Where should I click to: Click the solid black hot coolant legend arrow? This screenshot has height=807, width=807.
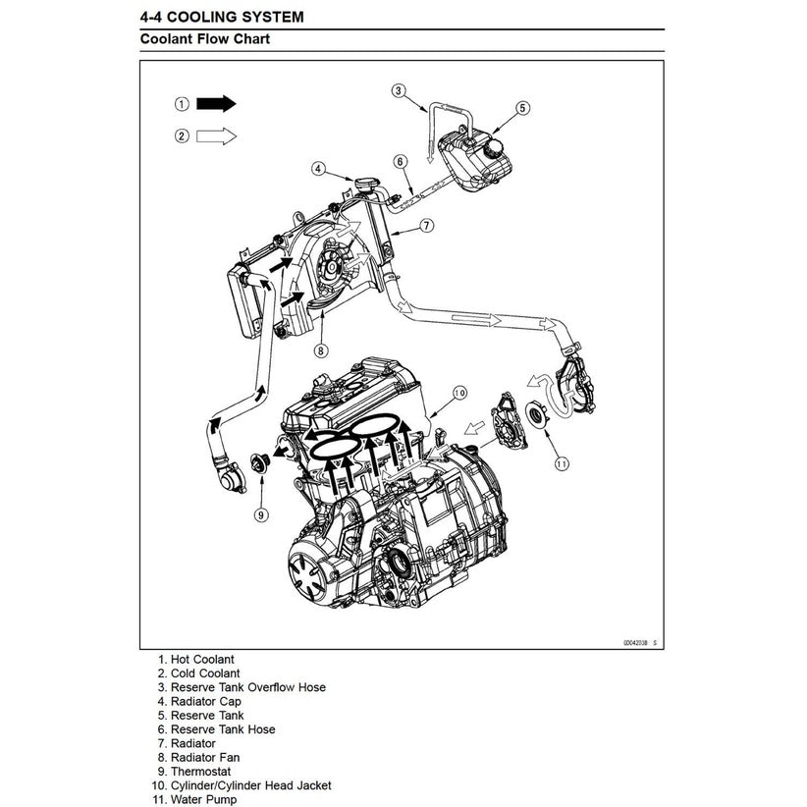click(216, 103)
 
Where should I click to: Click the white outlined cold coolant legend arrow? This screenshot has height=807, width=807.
click(216, 136)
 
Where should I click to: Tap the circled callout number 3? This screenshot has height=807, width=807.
click(399, 91)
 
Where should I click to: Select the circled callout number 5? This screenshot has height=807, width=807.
click(522, 108)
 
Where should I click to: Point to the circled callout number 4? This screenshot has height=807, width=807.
click(318, 168)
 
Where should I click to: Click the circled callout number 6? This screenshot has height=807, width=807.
click(401, 161)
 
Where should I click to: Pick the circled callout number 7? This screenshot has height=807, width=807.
click(427, 225)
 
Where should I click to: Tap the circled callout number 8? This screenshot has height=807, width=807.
click(320, 350)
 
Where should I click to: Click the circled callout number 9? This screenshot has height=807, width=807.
click(261, 513)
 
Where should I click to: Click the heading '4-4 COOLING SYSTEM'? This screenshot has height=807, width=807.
click(222, 17)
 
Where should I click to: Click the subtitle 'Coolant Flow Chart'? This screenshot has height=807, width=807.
click(204, 40)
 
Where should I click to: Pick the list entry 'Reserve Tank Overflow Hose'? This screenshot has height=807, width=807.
click(247, 687)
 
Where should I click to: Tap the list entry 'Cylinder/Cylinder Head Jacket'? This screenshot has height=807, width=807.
click(250, 785)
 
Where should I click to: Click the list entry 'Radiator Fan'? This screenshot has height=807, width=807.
click(204, 757)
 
